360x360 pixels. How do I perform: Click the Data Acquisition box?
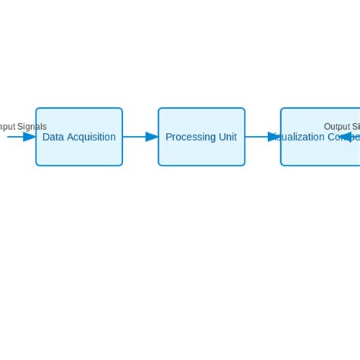79,152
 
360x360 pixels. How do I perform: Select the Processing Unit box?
201,152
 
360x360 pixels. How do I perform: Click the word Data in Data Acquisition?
53,137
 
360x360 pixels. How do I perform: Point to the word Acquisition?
91,137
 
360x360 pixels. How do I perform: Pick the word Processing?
189,137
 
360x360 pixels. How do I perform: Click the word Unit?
226,137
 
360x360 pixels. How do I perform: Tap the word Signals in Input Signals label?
32,127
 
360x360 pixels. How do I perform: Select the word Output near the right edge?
337,127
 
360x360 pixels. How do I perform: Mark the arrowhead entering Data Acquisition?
30,137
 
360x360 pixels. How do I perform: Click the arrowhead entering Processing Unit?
152,137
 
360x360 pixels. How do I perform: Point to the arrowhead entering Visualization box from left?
274,137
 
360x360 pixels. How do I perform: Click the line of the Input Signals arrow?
14,137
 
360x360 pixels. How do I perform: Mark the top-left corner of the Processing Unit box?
159,109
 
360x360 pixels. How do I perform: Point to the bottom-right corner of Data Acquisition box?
122,165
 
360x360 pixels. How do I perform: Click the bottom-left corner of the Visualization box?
281,165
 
